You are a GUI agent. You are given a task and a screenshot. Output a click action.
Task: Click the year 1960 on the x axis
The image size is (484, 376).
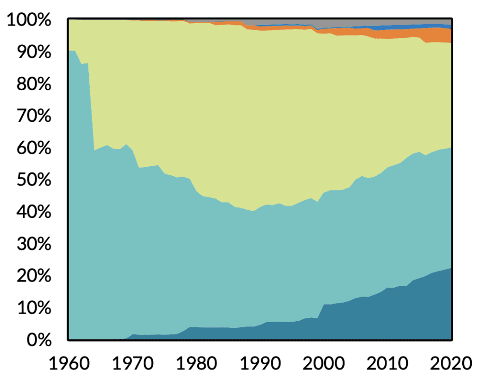[x=69, y=363]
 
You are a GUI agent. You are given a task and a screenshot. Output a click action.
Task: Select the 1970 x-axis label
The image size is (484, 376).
[x=133, y=363]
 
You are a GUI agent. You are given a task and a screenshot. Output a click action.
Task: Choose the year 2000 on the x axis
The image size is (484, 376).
[x=324, y=363]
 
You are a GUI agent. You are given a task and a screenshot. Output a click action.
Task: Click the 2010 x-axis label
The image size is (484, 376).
[x=388, y=363]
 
